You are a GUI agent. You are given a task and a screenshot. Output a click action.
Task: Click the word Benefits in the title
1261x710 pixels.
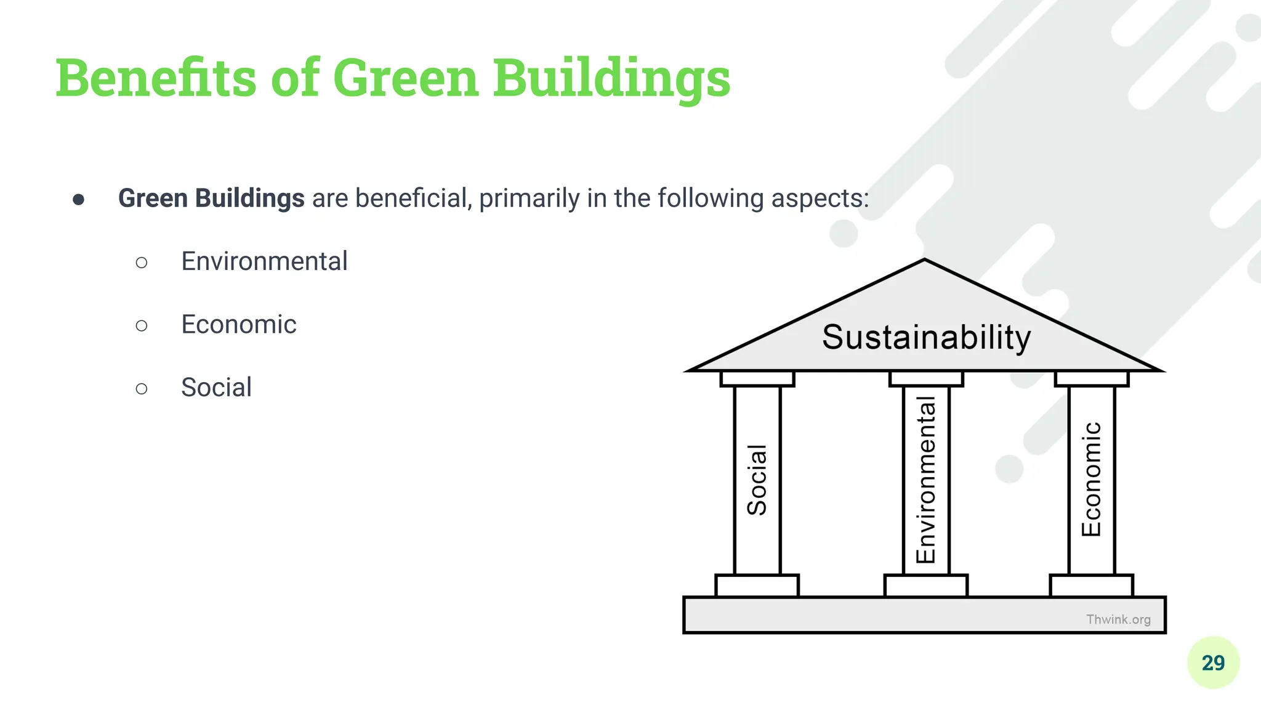[x=156, y=78]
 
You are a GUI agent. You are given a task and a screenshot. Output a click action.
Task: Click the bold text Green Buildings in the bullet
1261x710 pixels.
[x=211, y=198]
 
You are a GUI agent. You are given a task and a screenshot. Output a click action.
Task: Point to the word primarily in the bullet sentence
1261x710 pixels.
[x=529, y=198]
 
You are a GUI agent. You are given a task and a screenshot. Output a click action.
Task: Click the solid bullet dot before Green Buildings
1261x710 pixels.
[x=78, y=199]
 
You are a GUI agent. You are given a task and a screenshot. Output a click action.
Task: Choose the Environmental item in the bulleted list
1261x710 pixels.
[x=264, y=261]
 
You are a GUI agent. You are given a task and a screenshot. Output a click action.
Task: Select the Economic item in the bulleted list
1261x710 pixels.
[x=238, y=324]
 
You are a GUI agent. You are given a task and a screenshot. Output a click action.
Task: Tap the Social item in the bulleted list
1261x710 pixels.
[x=216, y=388]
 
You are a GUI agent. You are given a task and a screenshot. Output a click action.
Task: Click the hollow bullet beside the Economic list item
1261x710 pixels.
[x=142, y=325]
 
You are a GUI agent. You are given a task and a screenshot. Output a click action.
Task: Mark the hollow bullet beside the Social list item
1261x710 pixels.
[x=142, y=388]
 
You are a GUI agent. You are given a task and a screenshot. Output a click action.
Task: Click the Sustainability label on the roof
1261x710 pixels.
[x=926, y=337]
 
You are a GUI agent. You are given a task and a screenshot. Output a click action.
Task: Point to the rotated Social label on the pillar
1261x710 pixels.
[x=757, y=479]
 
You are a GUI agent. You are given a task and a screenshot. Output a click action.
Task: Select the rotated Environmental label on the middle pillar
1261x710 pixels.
[x=926, y=479]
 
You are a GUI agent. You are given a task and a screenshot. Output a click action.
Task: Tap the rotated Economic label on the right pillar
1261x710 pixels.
[x=1092, y=479]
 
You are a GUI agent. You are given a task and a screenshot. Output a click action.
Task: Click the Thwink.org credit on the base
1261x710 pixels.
[x=1118, y=619]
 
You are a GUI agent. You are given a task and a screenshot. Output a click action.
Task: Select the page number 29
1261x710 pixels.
[x=1213, y=663]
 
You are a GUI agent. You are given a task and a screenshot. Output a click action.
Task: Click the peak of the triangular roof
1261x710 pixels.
[x=925, y=261]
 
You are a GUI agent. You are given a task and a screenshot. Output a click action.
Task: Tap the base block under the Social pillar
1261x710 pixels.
[x=757, y=586]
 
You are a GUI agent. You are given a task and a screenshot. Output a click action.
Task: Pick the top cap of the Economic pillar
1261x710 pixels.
[x=1092, y=378]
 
